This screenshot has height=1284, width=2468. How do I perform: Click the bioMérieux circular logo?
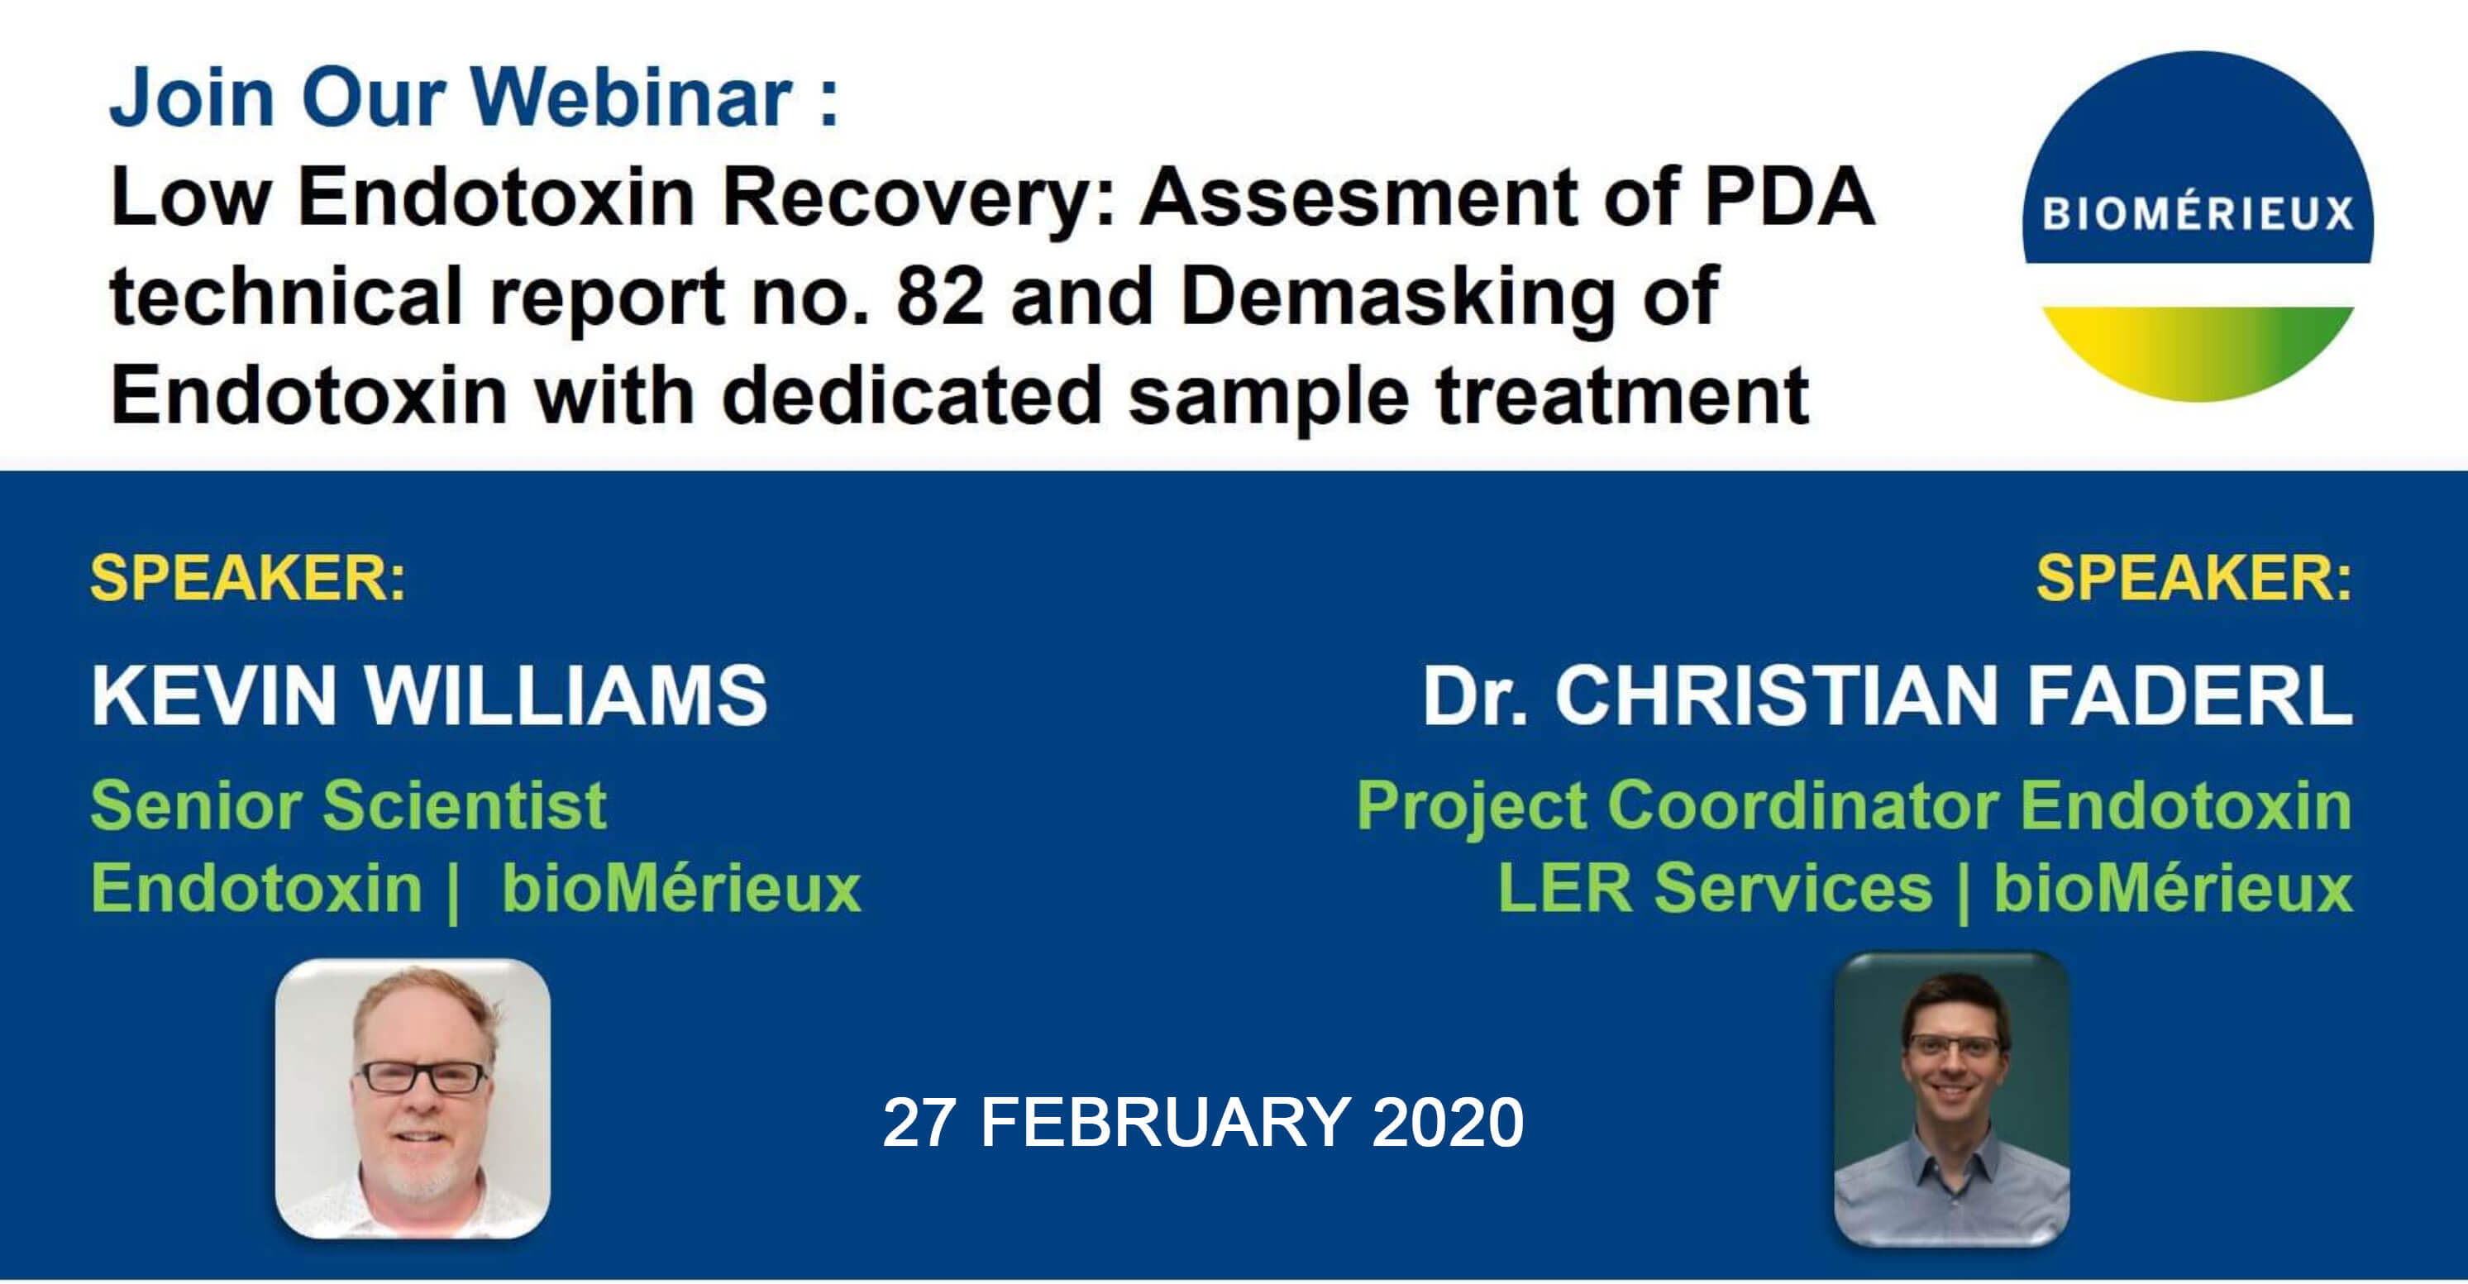click(2198, 225)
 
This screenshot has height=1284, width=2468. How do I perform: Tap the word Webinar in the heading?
click(633, 98)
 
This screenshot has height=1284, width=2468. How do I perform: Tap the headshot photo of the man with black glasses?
click(413, 1098)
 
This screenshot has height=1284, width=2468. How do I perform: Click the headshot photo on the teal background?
click(1951, 1098)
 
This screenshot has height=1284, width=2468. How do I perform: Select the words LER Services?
click(1715, 887)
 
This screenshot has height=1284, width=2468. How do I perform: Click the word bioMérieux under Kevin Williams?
click(681, 887)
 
